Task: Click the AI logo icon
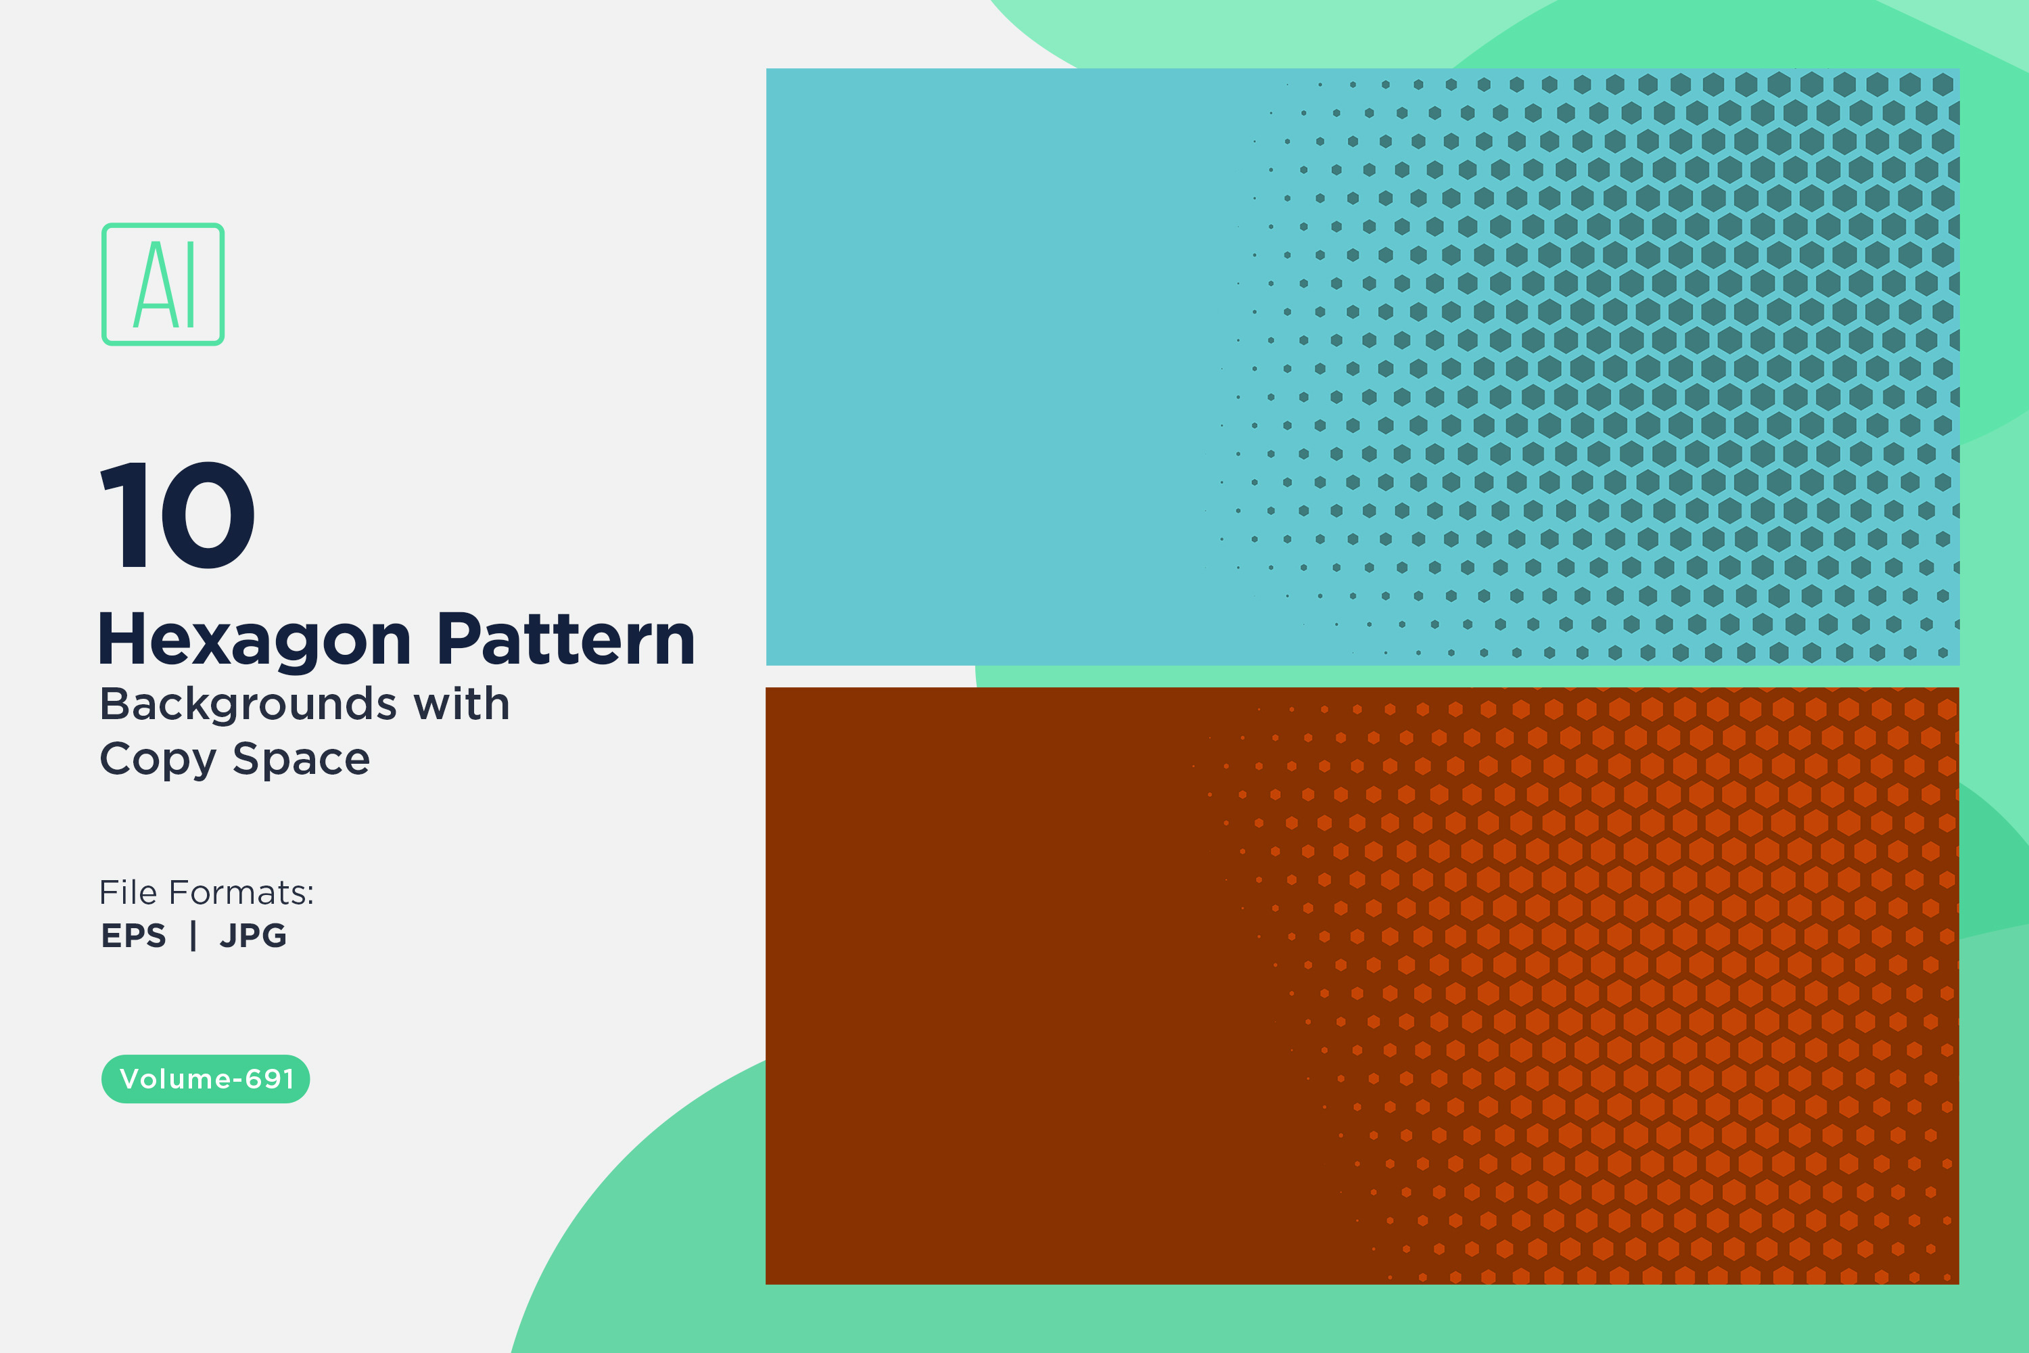pos(163,285)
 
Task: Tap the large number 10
pos(178,515)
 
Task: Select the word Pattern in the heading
pos(566,639)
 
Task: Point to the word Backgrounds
pos(248,705)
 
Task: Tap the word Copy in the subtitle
pos(158,760)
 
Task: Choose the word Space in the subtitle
pos(301,760)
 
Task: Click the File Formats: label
pos(207,892)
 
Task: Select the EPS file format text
pos(134,936)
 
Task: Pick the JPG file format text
pos(253,936)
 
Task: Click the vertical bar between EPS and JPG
pos(193,936)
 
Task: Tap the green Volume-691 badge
pos(206,1078)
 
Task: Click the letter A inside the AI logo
pos(156,285)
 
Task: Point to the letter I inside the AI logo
pos(190,285)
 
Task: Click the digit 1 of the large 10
pos(125,515)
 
